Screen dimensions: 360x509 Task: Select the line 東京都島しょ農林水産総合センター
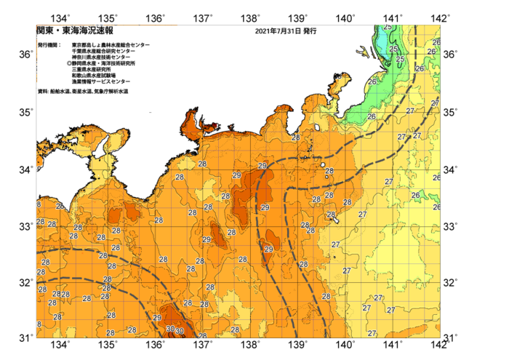(x=111, y=45)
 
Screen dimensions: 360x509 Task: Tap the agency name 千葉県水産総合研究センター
(x=103, y=51)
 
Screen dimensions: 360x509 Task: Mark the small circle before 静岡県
(x=69, y=63)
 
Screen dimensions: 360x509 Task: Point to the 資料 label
(x=42, y=91)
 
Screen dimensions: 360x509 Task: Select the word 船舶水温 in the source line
(x=60, y=91)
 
